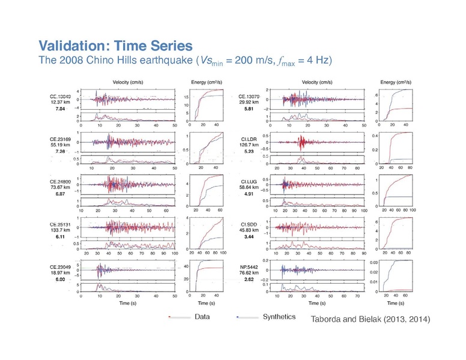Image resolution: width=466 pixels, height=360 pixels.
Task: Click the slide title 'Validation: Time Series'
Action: pyautogui.click(x=115, y=45)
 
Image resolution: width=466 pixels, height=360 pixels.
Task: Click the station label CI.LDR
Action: pyautogui.click(x=249, y=139)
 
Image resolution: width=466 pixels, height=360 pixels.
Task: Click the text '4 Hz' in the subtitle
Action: pyautogui.click(x=317, y=61)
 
